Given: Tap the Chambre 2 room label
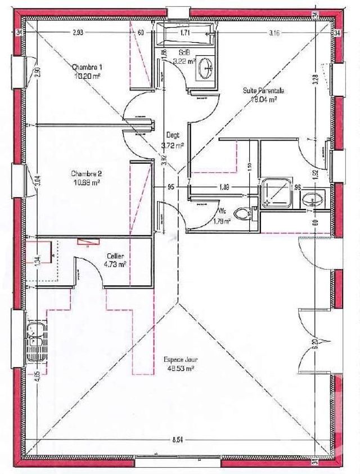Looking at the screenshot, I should pyautogui.click(x=86, y=173).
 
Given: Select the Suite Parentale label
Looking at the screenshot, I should pyautogui.click(x=263, y=90).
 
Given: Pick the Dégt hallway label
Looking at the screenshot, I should pyautogui.click(x=172, y=136).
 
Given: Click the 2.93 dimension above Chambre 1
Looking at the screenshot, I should pyautogui.click(x=78, y=33).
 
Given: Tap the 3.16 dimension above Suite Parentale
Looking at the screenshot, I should pyautogui.click(x=274, y=33).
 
